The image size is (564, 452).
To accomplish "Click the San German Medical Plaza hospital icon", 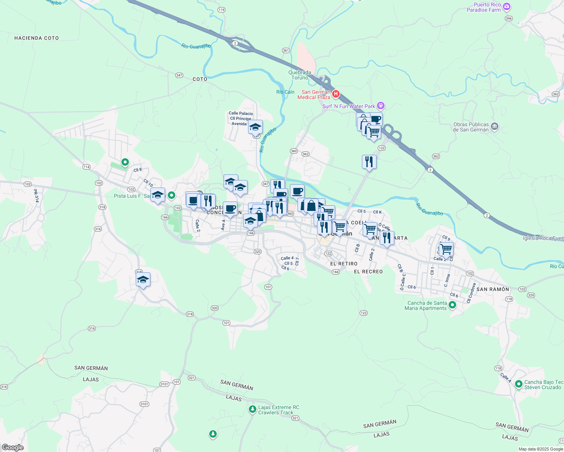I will pos(336,94).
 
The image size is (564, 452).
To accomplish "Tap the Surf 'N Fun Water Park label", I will pos(348,106).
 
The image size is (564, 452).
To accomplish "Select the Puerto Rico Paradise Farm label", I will pos(484,8).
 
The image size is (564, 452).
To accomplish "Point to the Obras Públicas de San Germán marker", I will pos(495,127).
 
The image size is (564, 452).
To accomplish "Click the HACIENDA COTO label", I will pos(37,38).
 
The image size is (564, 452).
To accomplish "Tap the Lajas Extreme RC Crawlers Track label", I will pos(279,410).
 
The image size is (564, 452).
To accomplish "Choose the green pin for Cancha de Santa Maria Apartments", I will pos(452,305).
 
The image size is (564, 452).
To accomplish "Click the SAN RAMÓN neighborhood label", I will pos(493,289).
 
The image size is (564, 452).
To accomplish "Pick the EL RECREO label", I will pos(368,272).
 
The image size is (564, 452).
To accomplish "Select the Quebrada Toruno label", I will pos(300,75).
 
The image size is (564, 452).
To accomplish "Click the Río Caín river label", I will pos(285,92).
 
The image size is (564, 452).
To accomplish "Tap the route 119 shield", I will pos(221,10).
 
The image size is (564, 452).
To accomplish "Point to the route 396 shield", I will pos(509,18).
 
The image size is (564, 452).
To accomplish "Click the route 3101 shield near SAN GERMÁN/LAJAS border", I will pos(164,384).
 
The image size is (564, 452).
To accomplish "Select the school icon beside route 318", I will pos(143,280).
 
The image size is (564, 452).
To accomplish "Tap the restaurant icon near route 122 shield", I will pos(369,162).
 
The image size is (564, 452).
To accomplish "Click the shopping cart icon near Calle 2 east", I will pos(446,249).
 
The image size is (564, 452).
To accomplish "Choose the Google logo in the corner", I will pos(13,447).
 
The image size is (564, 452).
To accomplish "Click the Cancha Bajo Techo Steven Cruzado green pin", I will pos(519,384).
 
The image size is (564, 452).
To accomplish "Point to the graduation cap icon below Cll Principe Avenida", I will pos(255,127).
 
